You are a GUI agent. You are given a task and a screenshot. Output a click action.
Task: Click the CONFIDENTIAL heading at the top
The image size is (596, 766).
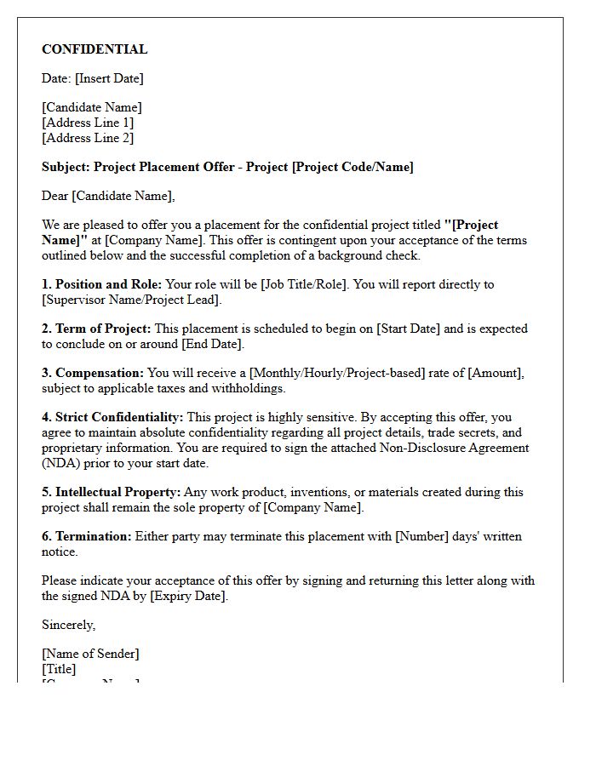coord(95,49)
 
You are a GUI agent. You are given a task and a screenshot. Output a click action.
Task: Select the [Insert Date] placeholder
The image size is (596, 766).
coord(109,78)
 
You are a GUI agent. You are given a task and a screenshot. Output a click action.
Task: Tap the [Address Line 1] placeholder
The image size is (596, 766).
coord(88,123)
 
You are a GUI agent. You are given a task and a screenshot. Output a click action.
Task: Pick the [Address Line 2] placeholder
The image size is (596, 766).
coord(88,138)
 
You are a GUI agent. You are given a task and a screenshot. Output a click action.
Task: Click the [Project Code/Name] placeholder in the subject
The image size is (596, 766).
coord(352,167)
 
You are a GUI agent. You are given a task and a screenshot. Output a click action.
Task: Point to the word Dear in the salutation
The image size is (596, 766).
coord(55,196)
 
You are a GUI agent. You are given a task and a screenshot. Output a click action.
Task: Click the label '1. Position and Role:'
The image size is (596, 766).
coord(101,284)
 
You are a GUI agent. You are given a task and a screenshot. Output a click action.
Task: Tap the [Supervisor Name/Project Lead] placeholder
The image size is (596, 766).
coord(132,300)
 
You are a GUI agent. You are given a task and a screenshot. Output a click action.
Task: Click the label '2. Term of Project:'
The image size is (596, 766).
coord(96,329)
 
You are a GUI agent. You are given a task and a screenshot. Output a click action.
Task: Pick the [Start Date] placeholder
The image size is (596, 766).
coord(408,329)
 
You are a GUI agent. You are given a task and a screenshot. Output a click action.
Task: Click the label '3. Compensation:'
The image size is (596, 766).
coord(93,373)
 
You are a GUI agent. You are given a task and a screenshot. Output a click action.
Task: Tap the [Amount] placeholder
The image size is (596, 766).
coord(496,373)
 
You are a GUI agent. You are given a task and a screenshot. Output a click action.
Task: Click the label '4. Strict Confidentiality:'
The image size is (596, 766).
coord(112,417)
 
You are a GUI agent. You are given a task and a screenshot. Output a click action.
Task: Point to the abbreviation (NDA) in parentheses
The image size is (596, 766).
coord(64,463)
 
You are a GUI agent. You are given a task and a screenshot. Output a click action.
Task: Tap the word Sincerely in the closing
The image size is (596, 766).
coord(68,625)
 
